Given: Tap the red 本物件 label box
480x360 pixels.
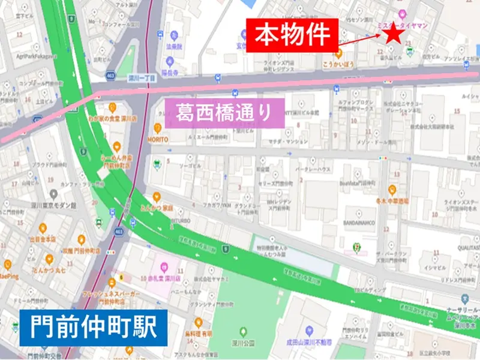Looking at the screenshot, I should tap(293, 35).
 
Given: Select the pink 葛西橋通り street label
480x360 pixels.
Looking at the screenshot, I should tap(224, 112).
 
